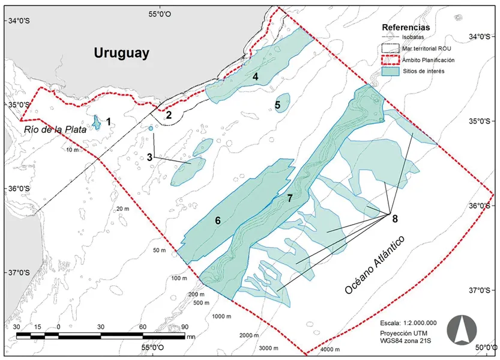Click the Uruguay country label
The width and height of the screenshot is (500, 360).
pos(121,53)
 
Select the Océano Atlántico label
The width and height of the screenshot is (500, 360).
pos(375,264)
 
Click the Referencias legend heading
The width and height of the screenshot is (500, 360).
pos(409,27)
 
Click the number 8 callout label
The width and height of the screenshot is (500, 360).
pos(394,219)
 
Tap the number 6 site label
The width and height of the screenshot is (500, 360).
pos(218,221)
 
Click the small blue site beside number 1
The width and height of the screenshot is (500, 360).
pos(95,123)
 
